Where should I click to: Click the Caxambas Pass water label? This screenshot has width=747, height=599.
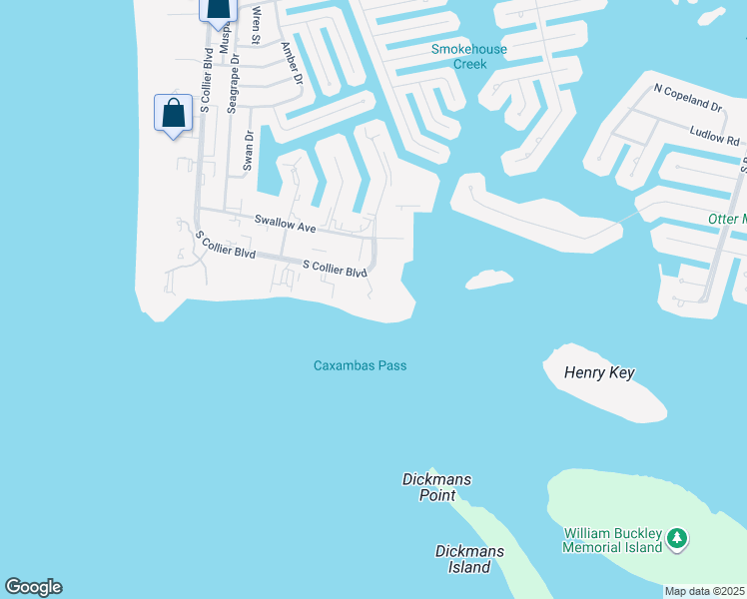tap(360, 365)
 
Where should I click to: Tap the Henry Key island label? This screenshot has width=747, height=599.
tap(599, 373)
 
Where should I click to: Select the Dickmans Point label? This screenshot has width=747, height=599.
tap(435, 487)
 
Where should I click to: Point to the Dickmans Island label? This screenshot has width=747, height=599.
tap(464, 559)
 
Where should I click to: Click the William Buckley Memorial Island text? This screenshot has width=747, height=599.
tap(612, 540)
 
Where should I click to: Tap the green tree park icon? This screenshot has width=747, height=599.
tap(678, 539)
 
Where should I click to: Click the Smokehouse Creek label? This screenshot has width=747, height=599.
tap(468, 56)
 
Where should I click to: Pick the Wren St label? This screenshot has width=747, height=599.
tap(257, 25)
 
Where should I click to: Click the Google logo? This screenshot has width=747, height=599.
tap(33, 587)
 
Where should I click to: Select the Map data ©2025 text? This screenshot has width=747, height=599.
tap(704, 591)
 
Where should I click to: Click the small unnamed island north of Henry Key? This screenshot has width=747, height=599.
tap(489, 279)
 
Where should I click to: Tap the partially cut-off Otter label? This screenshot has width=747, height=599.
tap(726, 219)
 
